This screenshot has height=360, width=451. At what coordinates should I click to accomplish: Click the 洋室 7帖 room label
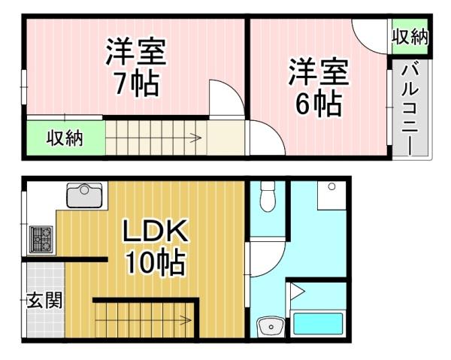pos(136,68)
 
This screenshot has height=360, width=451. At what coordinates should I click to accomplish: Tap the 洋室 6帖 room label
pos(319,87)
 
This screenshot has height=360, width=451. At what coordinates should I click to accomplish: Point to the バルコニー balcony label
pos(410,107)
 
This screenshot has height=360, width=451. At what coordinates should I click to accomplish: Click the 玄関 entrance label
pos(44,300)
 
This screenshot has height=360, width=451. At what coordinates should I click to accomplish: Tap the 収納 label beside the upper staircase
pos(65,138)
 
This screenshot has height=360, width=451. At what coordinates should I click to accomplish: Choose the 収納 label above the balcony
pos(410,37)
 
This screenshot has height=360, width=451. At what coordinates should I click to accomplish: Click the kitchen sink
pos(84,195)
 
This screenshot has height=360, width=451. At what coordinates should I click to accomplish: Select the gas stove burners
pos(41,239)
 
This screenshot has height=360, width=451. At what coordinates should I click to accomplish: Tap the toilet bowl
pos(268,197)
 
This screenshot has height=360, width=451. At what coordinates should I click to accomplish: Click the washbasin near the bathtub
pos(270,326)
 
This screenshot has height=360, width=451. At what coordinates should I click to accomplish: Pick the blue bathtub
pos(318,323)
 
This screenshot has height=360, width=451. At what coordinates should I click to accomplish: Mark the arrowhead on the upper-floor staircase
pos(197,138)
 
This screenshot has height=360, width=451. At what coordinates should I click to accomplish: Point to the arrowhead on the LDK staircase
pos(187,319)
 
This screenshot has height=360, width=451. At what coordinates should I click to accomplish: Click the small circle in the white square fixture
pos(331,186)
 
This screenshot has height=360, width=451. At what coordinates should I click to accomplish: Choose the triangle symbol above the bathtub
pos(297,292)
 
